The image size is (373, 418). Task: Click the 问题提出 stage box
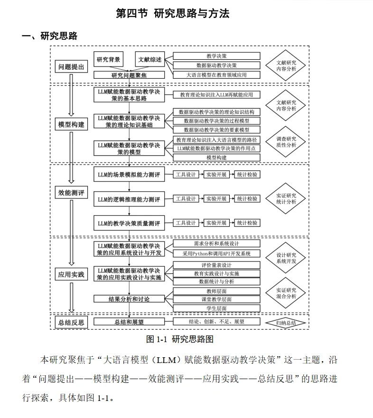[71, 67]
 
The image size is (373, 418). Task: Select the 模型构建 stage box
[71, 125]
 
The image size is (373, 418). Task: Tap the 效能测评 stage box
[71, 193]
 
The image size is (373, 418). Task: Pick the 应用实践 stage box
[71, 274]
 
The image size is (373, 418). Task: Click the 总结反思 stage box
[71, 322]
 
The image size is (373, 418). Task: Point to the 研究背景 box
[108, 60]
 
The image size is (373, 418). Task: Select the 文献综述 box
[149, 60]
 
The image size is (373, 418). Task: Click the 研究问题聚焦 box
[129, 75]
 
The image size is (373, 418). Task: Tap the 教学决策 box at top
[216, 56]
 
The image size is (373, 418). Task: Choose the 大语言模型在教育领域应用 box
[216, 75]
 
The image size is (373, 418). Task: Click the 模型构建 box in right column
[216, 157]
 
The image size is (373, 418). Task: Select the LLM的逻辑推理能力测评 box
[129, 199]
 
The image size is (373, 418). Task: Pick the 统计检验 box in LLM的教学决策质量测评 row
[247, 223]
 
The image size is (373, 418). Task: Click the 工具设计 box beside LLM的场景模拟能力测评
[185, 175]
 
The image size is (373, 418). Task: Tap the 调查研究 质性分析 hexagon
[286, 142]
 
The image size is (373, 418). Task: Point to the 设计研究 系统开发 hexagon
[286, 258]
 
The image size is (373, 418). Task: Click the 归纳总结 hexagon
[286, 323]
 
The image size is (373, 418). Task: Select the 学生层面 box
[216, 308]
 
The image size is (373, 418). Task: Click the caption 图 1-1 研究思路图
[180, 339]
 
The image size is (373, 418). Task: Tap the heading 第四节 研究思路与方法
[173, 14]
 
